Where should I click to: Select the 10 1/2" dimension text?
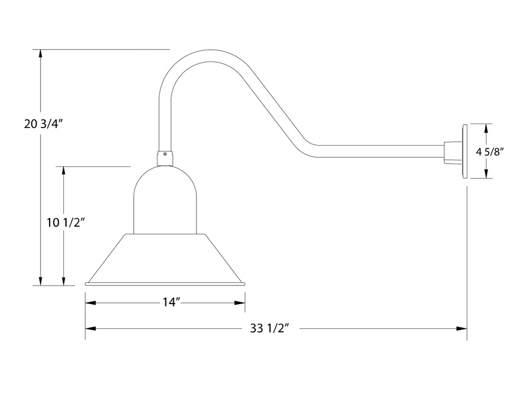[x=65, y=222]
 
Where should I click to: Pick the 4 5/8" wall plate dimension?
[x=489, y=151]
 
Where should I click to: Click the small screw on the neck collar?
[x=165, y=153]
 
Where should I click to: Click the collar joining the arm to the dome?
[x=165, y=159]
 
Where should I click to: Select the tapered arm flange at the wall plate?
[x=453, y=152]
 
